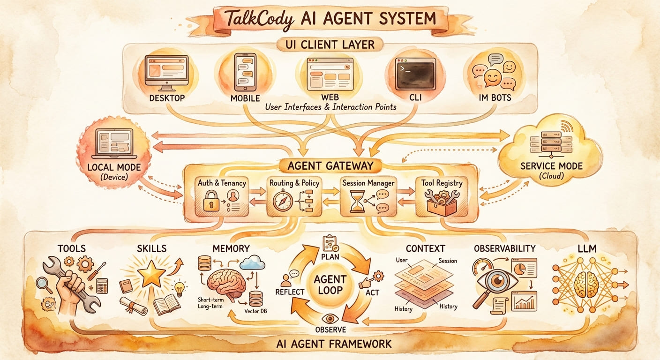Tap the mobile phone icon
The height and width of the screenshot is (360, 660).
[245, 72]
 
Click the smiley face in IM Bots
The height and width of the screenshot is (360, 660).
[492, 77]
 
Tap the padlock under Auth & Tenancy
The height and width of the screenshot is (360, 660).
[211, 203]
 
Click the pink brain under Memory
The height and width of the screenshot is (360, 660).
[226, 286]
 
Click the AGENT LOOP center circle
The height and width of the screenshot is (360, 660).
[330, 284]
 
